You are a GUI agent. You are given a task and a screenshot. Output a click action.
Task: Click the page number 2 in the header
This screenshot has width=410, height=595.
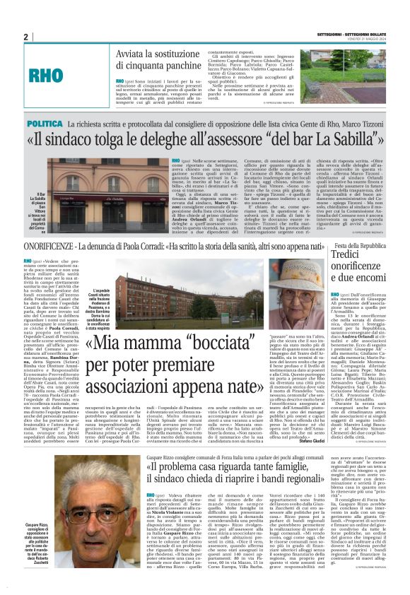[26, 37]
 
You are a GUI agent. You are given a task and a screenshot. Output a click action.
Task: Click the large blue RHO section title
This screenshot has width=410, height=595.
[62, 73]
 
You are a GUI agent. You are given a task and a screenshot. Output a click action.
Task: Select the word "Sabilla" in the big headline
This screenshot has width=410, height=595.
[332, 142]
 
